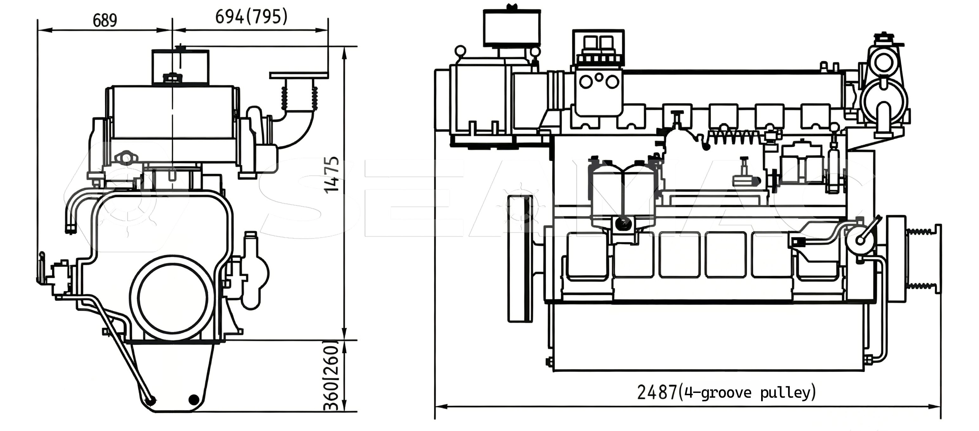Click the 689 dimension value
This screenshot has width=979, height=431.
pos(105,20)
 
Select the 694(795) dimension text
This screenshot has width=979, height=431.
pos(251,17)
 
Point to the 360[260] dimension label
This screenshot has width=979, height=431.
pos(331,375)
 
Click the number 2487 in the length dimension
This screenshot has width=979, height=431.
pos(657,392)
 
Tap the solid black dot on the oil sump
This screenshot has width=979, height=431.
pos(194,400)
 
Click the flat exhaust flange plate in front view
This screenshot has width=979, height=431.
pos(299,75)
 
